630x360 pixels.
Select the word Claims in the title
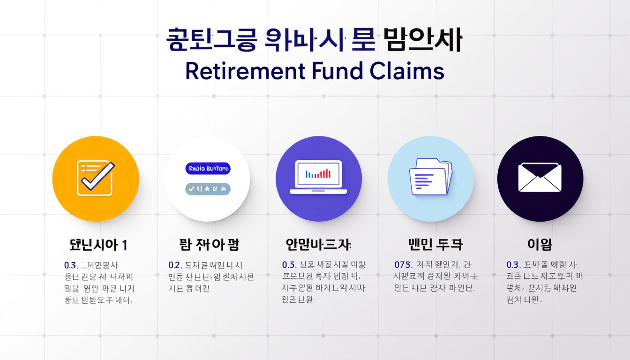coord(407,71)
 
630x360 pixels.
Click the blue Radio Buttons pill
coord(208,169)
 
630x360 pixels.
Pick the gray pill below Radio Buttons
coord(208,189)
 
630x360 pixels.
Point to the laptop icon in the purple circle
coord(318,177)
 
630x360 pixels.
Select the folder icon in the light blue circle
coord(430,176)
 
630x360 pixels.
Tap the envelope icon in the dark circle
coord(540,178)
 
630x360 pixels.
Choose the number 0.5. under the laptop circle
coord(288,265)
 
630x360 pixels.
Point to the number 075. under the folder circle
coord(403,265)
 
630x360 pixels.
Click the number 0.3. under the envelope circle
coord(513,265)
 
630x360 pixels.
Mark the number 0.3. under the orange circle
coord(70,265)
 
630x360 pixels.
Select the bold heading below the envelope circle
coord(540,245)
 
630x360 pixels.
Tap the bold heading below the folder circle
coord(430,245)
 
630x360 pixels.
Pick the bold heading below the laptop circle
coord(318,245)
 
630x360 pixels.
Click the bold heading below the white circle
coord(209,245)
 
